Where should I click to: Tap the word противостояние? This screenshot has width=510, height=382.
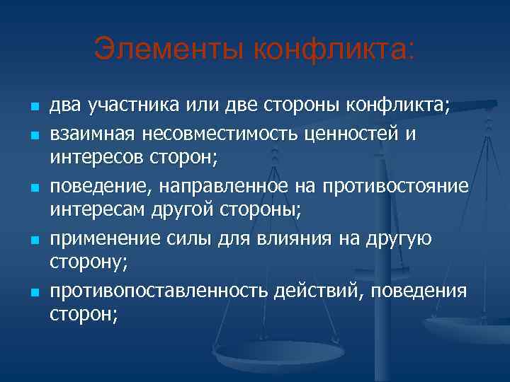pos(395,186)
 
